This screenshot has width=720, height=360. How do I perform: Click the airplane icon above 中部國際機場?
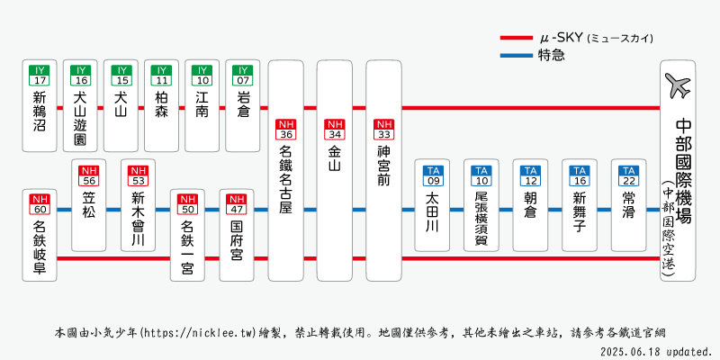click(x=678, y=87)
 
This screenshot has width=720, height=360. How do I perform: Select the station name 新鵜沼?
click(x=39, y=112)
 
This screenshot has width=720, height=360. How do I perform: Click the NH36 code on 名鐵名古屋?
click(x=286, y=130)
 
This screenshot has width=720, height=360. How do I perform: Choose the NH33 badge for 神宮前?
click(x=384, y=130)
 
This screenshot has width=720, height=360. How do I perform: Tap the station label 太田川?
click(x=433, y=212)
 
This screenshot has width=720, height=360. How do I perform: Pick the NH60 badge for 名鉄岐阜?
click(x=39, y=203)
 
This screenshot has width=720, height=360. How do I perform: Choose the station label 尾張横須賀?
click(x=481, y=218)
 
